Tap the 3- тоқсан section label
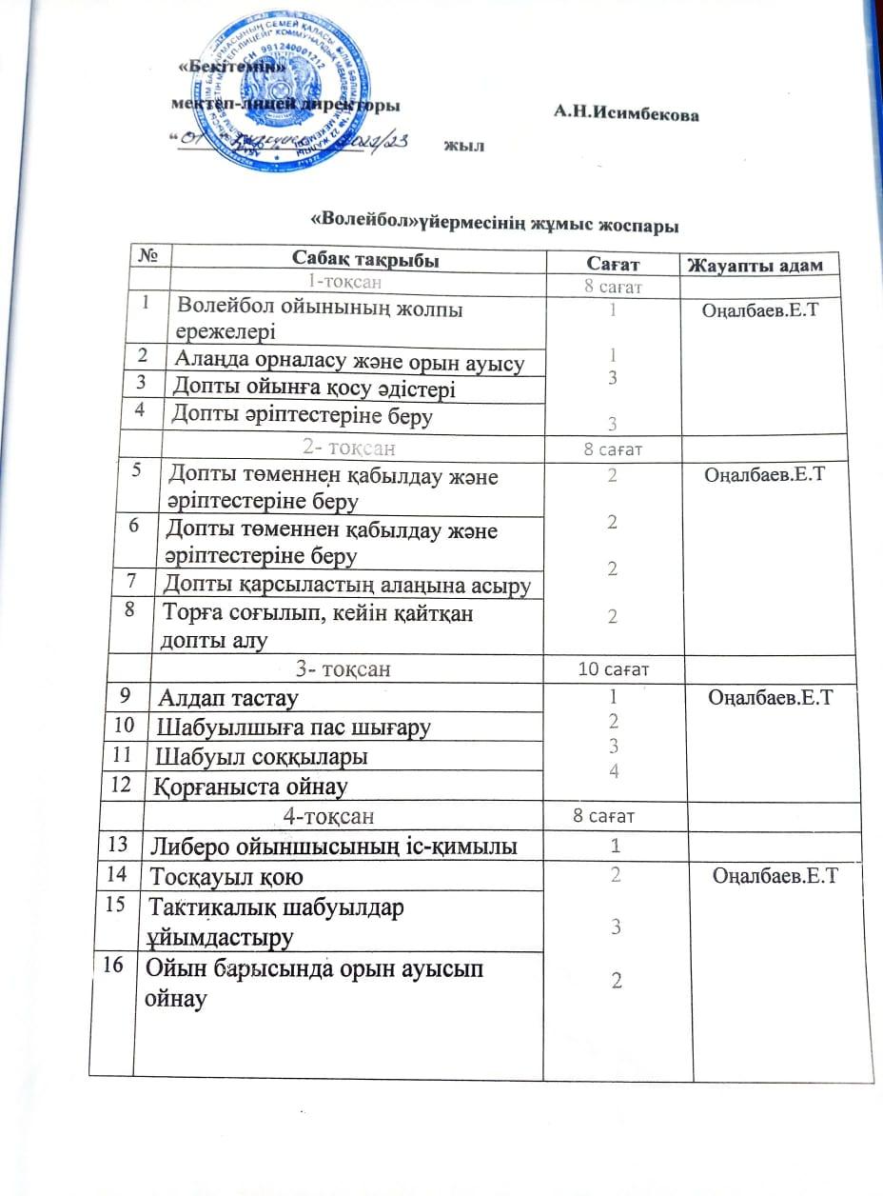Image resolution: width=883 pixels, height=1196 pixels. click(x=343, y=669)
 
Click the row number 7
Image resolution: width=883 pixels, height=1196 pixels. click(x=141, y=581)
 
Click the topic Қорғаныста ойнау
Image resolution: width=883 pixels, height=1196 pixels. click(x=245, y=787)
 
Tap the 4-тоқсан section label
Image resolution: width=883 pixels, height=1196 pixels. click(x=328, y=816)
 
